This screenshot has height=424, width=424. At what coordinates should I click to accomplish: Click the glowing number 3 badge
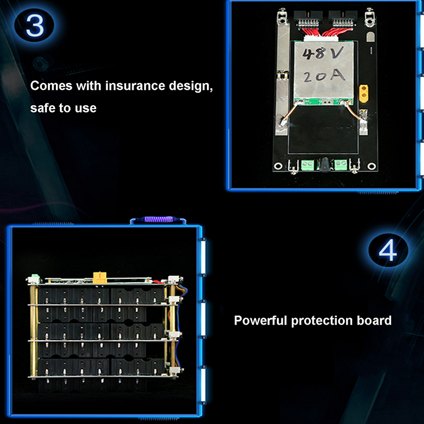click(x=34, y=25)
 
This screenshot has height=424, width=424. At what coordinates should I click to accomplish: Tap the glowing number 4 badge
click(x=388, y=250)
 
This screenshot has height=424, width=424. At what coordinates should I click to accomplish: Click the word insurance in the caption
click(x=135, y=86)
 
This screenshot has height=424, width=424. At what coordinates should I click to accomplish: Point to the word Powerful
click(x=260, y=321)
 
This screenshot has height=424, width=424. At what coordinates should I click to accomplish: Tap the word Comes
click(x=51, y=86)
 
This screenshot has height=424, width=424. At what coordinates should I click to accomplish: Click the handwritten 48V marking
click(x=323, y=53)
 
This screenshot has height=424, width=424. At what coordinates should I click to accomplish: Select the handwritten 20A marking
click(x=325, y=76)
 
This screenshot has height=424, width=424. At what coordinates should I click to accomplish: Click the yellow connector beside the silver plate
click(x=364, y=93)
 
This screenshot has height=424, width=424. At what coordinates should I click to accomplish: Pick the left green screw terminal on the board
click(x=308, y=165)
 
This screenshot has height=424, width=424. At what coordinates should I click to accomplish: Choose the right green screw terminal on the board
click(x=341, y=165)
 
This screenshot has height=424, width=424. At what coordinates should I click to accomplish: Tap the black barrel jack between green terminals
click(x=325, y=165)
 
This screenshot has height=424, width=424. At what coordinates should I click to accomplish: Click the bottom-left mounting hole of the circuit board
click(x=278, y=166)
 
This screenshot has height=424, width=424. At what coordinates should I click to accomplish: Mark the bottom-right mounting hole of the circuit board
click(x=371, y=166)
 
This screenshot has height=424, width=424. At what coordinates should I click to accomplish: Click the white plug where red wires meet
click(x=321, y=38)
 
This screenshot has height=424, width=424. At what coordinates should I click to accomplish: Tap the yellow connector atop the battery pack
click(x=99, y=278)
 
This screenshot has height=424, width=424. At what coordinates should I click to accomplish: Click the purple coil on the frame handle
click(x=157, y=219)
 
